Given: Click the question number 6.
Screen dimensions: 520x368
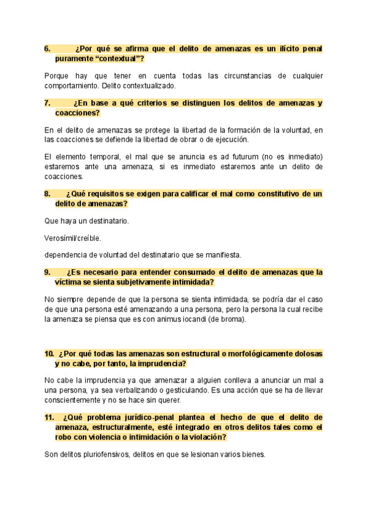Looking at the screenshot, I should point(47,48).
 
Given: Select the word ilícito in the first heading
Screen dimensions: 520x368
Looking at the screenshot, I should point(277,48).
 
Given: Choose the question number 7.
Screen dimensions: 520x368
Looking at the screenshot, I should point(47,103).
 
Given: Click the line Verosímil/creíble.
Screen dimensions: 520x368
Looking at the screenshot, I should point(73,237).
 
